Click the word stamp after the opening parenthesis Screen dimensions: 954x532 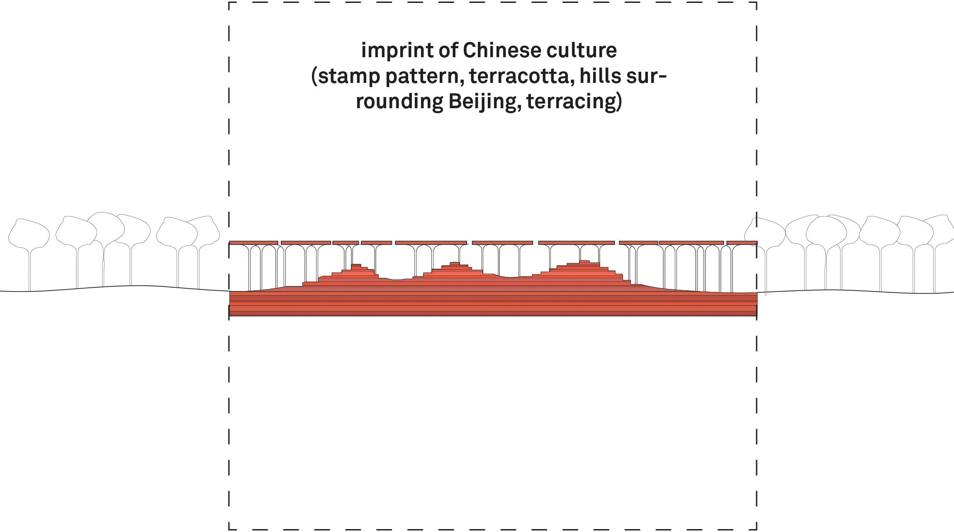coord(349,76)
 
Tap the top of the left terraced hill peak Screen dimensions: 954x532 coord(356,265)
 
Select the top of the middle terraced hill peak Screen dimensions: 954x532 coord(455,263)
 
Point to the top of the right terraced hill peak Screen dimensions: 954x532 coord(584,261)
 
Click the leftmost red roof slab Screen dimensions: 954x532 coord(253,243)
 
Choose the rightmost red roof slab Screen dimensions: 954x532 coord(742,243)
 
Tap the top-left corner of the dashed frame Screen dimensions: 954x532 coord(229,2)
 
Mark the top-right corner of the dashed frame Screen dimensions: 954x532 coord(757,2)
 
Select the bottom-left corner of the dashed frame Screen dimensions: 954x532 coord(229,529)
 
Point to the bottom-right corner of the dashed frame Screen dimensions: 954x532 coord(757,529)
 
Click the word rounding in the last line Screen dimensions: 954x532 coord(399,102)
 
